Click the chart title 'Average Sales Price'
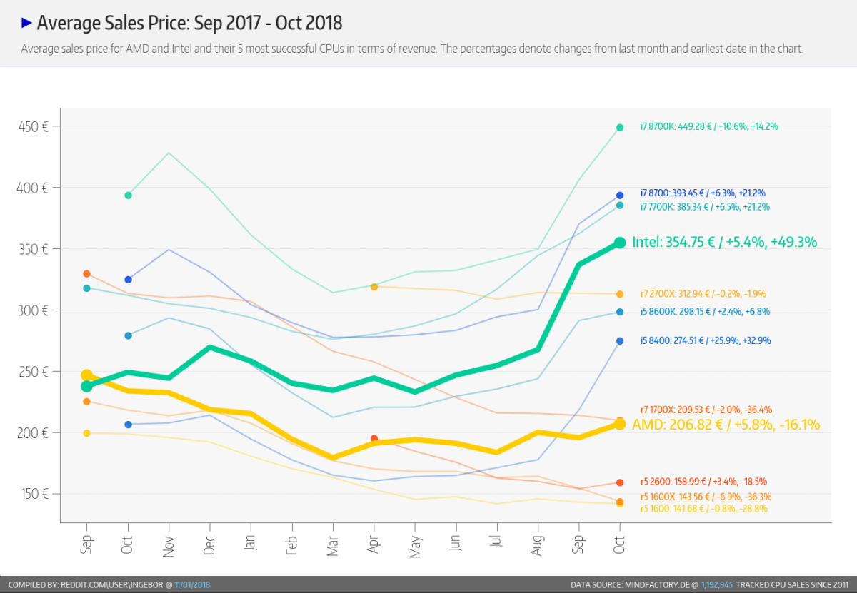coord(189,24)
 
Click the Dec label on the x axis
coord(210,546)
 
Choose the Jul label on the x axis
coord(498,546)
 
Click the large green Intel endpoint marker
coord(620,243)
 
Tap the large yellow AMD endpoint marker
coord(620,424)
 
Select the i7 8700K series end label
coord(708,126)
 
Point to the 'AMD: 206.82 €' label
coord(726,425)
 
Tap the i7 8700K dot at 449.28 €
coord(620,128)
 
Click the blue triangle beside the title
coord(27,24)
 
